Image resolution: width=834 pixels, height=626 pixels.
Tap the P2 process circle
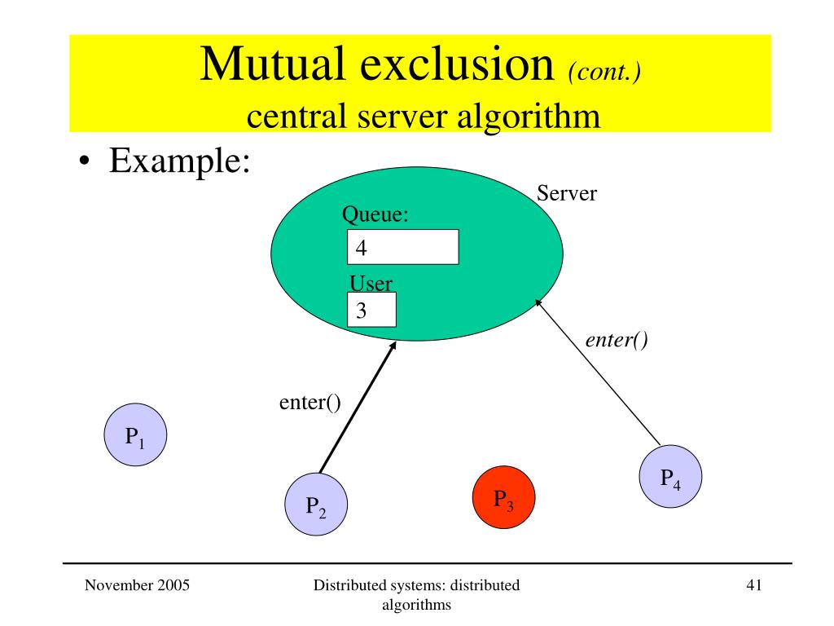point(316,506)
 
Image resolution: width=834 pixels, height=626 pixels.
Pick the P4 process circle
point(670,477)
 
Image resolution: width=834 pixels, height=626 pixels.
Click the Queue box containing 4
point(402,247)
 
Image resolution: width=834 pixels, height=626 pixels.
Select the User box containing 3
point(371,310)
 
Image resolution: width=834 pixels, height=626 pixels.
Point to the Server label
point(567,194)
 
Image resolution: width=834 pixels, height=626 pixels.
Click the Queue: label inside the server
point(374,215)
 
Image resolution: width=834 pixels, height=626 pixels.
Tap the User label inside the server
point(371,284)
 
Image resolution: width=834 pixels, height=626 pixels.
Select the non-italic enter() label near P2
point(309,402)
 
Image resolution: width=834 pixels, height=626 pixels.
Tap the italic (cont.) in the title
point(604,71)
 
